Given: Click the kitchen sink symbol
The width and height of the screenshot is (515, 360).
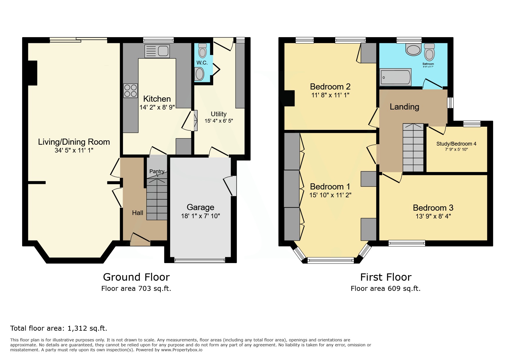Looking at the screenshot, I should coord(157,51).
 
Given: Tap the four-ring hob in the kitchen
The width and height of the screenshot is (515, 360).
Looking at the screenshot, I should coord(131,90).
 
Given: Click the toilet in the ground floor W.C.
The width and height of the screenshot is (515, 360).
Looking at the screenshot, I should coord(202,51).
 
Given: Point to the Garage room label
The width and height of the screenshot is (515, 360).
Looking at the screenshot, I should coord(200,207).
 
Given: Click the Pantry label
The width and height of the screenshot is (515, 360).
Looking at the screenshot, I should coord(157,171).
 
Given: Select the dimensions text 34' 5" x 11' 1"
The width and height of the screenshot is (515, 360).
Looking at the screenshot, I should coord(74,150).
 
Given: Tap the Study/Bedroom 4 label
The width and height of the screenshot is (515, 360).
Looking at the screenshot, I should coord(456,144).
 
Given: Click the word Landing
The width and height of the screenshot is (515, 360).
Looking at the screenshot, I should coord(404,107).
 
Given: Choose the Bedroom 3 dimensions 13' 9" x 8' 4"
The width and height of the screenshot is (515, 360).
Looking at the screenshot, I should coord(433,216).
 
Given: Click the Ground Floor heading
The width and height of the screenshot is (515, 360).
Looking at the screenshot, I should coord(136,277).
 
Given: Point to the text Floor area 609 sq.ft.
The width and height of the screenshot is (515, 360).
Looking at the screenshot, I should coord(386,289).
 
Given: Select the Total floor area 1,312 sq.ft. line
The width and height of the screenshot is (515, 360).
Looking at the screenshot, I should coord(59,328).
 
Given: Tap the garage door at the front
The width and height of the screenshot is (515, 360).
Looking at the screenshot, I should coord(200,260).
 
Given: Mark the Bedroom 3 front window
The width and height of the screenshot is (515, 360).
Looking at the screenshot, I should coord(407,243).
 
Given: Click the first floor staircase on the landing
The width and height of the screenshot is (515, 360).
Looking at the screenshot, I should coord(413,148).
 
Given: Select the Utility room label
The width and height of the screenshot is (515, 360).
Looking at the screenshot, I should coord(219,114).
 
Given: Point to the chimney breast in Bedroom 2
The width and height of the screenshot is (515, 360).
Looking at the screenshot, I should coord(289,98).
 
